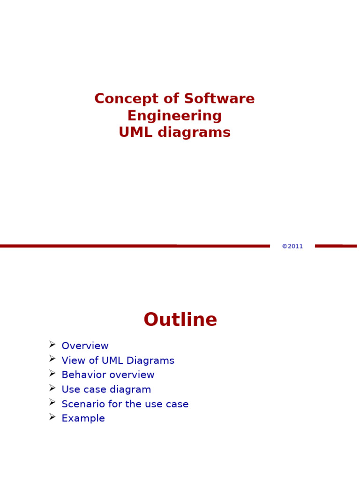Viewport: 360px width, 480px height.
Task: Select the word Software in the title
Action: (219, 99)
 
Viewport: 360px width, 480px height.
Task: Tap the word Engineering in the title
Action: (174, 116)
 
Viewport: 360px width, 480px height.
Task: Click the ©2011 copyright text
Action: (292, 247)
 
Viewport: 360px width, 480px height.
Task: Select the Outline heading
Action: (180, 320)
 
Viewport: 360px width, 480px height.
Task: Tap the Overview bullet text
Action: (85, 346)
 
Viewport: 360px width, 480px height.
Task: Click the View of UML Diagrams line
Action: (118, 361)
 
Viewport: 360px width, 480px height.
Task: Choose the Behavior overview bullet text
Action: (108, 375)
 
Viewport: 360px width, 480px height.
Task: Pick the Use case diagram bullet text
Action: (106, 390)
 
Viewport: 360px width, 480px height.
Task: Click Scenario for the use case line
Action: (125, 404)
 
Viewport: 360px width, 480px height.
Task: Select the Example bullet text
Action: (83, 419)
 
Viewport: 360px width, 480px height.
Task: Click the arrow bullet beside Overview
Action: (52, 345)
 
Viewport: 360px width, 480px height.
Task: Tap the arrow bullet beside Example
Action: (52, 417)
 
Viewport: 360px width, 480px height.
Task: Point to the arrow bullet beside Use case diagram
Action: (52, 388)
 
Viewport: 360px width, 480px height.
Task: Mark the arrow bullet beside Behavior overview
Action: (52, 373)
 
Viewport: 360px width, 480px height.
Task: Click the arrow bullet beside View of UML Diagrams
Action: (52, 359)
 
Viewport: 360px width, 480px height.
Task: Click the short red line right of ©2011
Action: (335, 246)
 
